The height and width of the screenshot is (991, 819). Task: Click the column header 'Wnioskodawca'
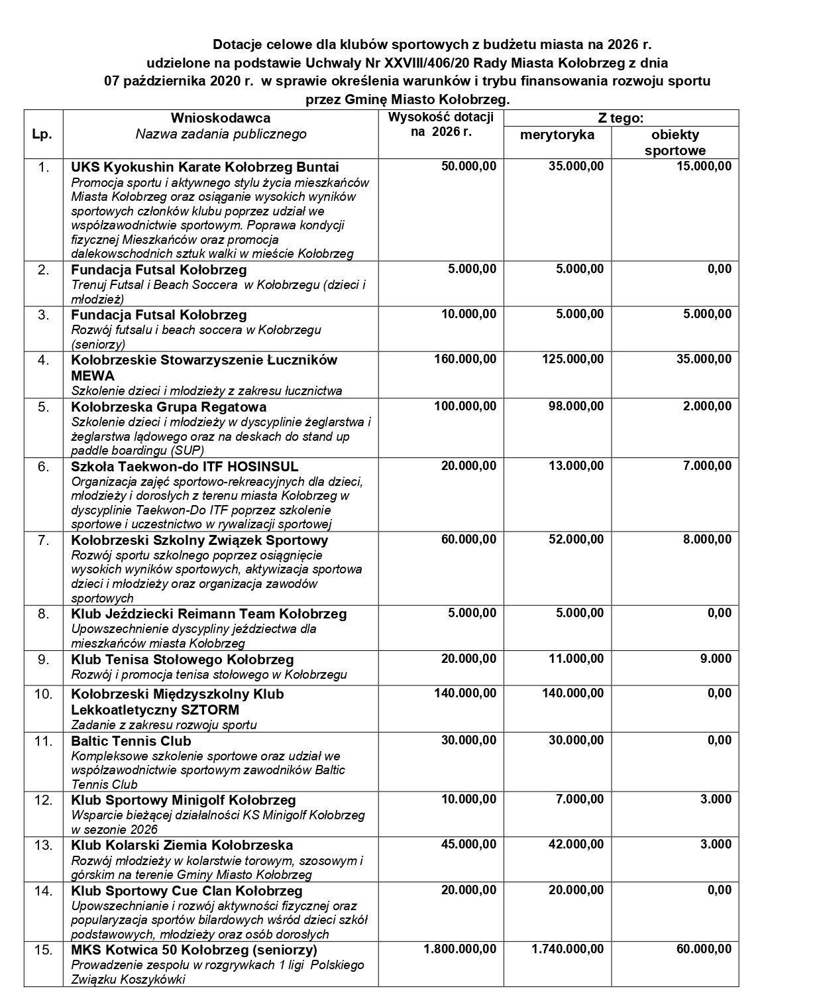221,118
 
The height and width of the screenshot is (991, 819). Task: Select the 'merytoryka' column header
557,135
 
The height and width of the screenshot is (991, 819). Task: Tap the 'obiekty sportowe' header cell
675,143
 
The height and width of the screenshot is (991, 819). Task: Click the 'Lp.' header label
42,133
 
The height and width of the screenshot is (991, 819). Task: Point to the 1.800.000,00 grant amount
459,949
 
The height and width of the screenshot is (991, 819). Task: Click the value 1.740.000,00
567,949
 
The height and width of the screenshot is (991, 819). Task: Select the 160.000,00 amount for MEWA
464,359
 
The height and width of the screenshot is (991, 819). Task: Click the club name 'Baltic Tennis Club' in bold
131,741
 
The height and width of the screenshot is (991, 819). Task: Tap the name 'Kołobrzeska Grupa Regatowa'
168,407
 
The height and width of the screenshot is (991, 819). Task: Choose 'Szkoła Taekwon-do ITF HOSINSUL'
185,467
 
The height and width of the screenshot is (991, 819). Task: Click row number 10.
43,694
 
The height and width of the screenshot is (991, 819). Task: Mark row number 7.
43,540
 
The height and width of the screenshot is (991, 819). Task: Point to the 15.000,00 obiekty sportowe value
704,166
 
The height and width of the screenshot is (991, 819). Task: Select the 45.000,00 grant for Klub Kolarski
468,845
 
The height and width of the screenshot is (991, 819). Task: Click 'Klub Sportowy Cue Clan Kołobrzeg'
187,891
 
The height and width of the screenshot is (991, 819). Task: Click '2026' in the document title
623,45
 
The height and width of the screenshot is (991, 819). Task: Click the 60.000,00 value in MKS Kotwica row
704,949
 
